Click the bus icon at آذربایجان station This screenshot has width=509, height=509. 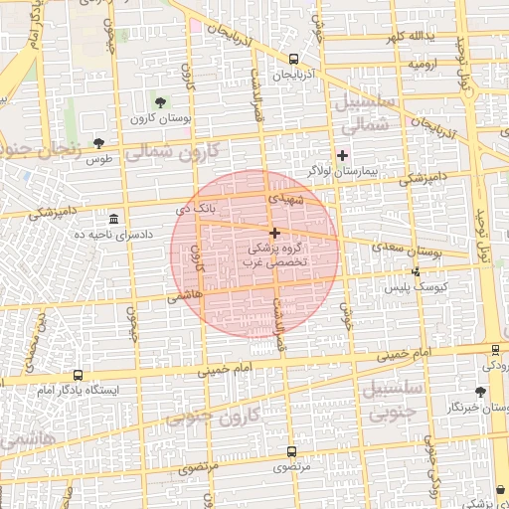click(293, 59)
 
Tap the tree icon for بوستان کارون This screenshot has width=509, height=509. click(160, 101)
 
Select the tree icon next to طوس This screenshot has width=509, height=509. click(98, 142)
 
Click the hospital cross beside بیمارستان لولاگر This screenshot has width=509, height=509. click(343, 155)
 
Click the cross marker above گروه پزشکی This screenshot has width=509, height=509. click(274, 232)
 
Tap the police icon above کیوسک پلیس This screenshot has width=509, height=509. click(416, 271)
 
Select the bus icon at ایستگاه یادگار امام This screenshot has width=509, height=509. click(78, 375)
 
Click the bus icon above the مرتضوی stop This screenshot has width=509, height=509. click(292, 450)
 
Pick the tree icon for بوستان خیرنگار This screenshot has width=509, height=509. click(482, 392)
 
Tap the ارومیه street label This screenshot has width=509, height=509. click(419, 64)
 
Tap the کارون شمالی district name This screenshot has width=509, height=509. click(188, 150)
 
